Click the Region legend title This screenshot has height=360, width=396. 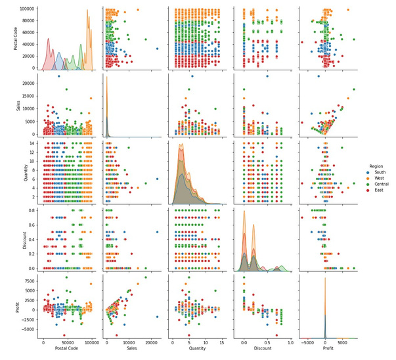[x=376, y=168]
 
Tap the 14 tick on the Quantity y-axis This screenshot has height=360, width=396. [x=32, y=143]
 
